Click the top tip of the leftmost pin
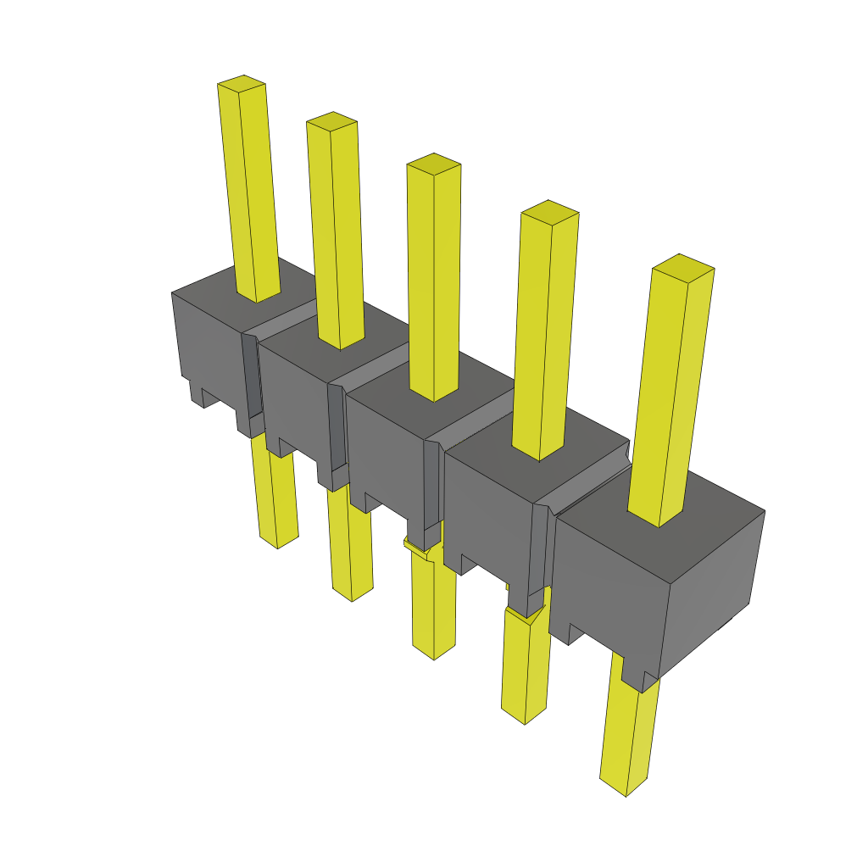pos(242,83)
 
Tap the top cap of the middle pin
pos(434,163)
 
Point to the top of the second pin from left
pos(331,120)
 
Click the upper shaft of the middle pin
pos(434,280)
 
